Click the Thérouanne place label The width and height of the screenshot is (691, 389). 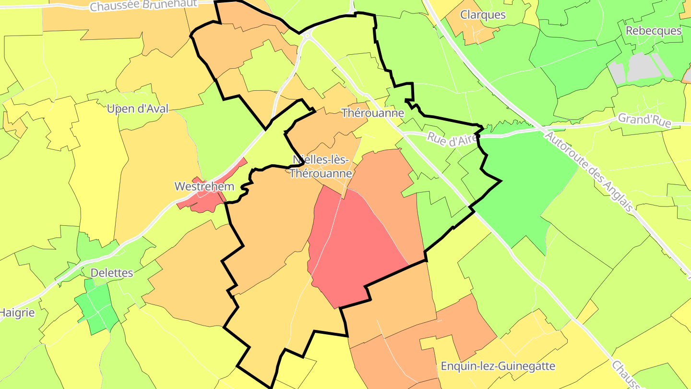pos(373,113)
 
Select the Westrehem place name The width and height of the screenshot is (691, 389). pos(204,186)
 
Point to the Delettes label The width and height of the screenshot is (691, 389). pos(112,273)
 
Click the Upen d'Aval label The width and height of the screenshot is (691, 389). pos(138,109)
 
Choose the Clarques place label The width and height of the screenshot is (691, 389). pos(483,14)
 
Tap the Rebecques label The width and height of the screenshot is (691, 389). pos(653,30)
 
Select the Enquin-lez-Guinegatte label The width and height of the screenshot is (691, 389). pos(498,366)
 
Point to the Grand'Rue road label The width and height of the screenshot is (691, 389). pos(644,120)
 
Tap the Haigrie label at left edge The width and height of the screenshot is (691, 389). pos(17,313)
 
